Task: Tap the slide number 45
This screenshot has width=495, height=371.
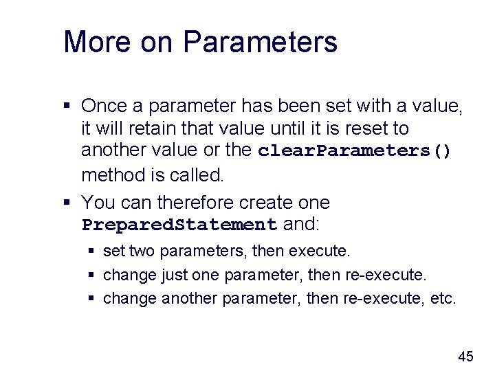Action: (x=465, y=356)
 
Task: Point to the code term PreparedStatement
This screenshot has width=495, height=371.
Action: (x=179, y=225)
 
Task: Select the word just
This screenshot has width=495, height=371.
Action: (x=174, y=276)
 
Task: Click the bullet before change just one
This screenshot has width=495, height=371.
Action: (x=92, y=276)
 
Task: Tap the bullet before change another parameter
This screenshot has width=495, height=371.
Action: (x=92, y=300)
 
